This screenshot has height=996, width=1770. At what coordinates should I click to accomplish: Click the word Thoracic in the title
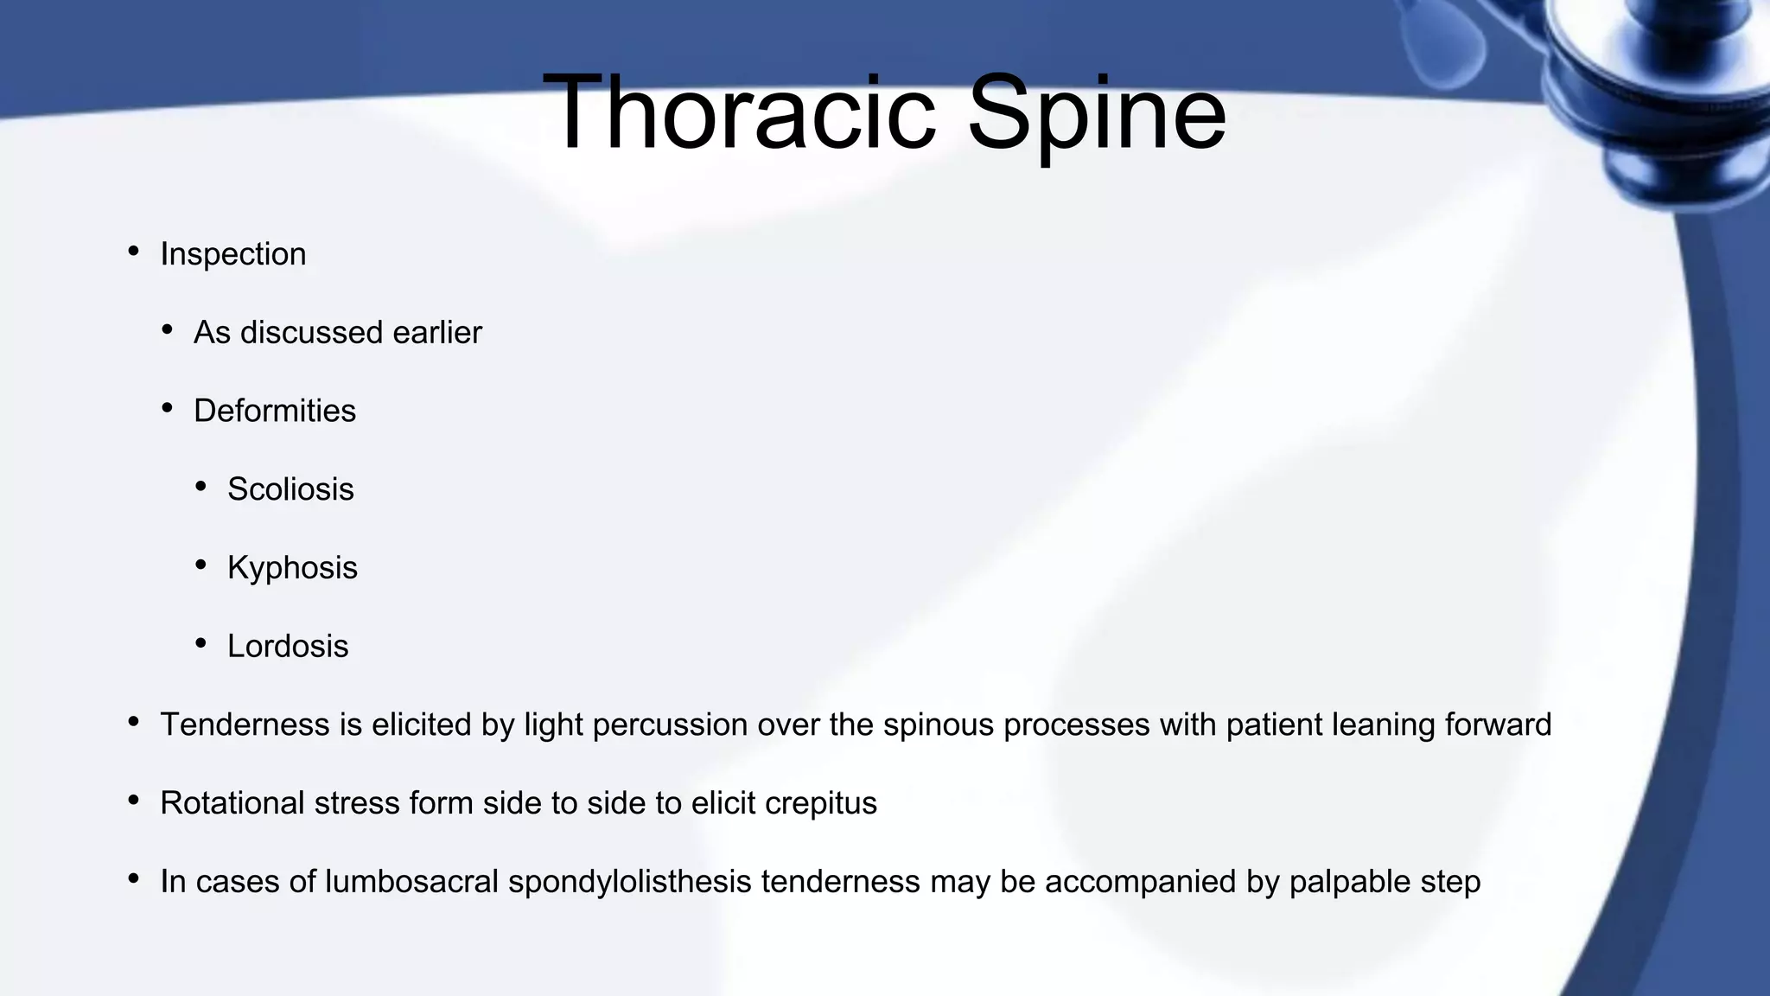coord(739,113)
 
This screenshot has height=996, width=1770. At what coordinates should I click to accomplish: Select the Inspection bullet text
coord(233,254)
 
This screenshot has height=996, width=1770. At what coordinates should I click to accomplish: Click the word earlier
coord(436,333)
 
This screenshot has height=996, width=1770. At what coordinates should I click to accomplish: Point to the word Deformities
coord(274,412)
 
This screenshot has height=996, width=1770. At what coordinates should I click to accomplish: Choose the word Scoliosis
coord(290,489)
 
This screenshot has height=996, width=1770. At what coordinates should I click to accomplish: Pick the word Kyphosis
coord(292,568)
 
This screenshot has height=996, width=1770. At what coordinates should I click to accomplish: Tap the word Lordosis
coord(288,647)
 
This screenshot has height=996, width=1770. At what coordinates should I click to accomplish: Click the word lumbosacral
coord(411,882)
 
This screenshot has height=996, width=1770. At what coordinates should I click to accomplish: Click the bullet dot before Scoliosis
coord(201,487)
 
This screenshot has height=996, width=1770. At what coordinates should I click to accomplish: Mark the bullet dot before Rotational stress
coord(133,801)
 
